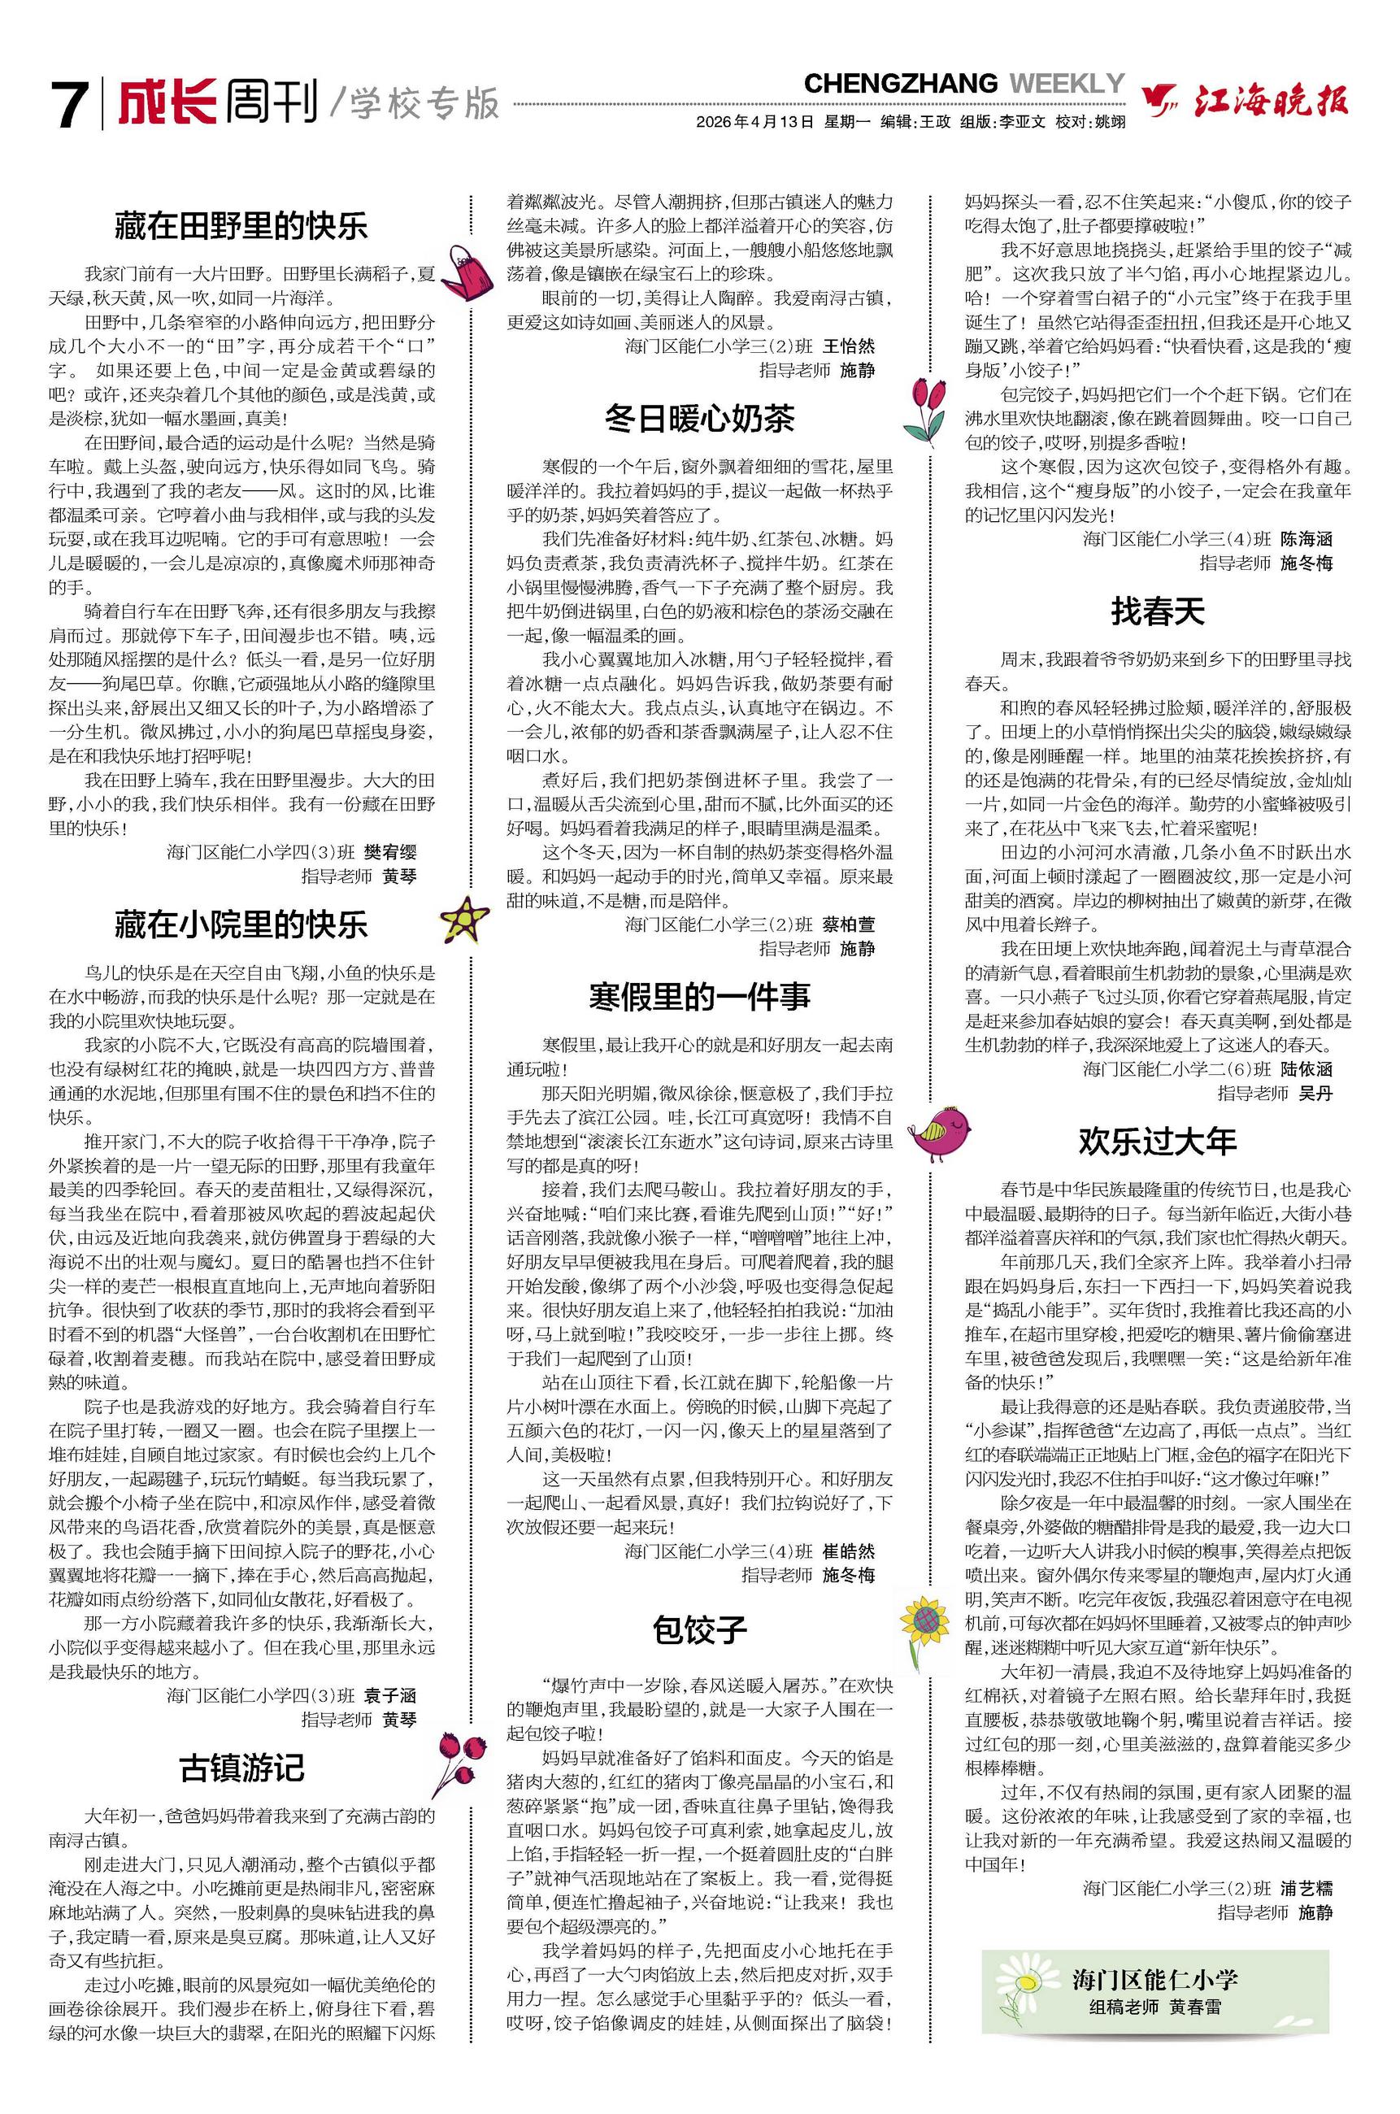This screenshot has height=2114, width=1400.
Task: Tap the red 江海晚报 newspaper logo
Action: tap(1246, 101)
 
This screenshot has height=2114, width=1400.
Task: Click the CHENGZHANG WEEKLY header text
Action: tap(963, 84)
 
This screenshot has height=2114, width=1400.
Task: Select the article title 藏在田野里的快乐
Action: tap(241, 226)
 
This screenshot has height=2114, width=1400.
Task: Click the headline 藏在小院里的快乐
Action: tap(241, 925)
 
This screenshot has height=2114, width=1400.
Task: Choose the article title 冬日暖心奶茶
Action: tap(699, 418)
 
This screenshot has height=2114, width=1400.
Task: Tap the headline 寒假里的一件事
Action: tap(699, 996)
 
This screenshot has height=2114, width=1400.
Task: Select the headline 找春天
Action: tap(1157, 611)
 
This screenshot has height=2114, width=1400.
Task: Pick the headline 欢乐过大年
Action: tap(1157, 1141)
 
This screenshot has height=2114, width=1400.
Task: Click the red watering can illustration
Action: tap(466, 272)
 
